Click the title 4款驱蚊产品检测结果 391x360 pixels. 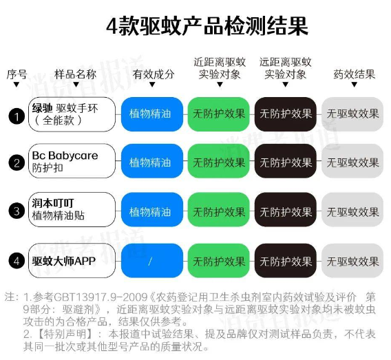point(207,26)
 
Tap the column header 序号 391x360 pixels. point(17,74)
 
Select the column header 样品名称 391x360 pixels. point(76,74)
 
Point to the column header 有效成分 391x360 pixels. point(154,74)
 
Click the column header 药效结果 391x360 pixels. point(355,74)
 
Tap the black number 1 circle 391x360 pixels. point(17,116)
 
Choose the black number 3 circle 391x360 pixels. point(17,211)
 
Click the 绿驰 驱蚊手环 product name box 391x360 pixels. point(72,114)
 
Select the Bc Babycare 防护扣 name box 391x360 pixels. point(72,161)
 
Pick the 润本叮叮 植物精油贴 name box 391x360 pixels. point(72,209)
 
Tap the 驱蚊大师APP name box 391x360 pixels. point(72,260)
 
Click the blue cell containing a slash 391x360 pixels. point(152,260)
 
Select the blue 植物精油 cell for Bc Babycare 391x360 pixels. point(152,161)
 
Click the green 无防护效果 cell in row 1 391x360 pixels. point(219,114)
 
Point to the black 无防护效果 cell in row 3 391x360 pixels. point(286,210)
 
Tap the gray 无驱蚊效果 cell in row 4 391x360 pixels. point(352,260)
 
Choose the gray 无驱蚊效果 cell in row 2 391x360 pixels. point(352,161)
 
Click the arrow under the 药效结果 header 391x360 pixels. point(355,85)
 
